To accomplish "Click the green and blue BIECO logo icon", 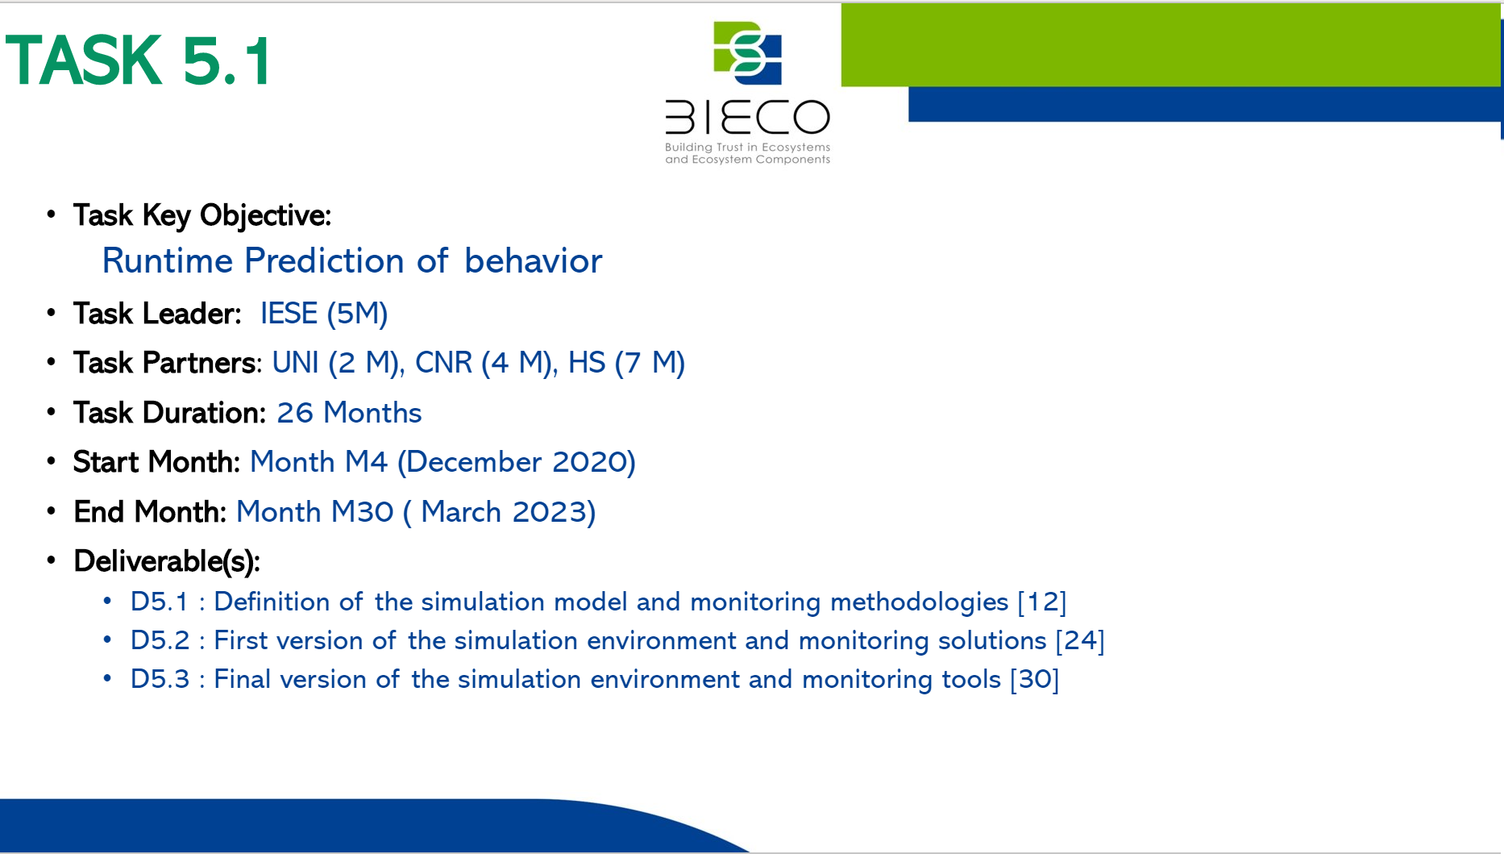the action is click(748, 53).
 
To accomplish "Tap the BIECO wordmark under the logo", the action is click(747, 118).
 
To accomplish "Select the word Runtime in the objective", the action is click(168, 261).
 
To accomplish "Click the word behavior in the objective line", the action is click(533, 261).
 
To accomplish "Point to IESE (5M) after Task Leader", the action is click(324, 314).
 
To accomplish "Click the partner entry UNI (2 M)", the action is click(336, 363).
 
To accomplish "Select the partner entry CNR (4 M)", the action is click(484, 363).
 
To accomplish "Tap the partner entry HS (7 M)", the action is click(627, 363).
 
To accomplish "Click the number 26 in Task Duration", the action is click(295, 413).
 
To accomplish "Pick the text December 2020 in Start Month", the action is click(517, 462).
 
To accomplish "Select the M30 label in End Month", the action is click(363, 512).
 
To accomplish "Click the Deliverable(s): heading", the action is click(167, 561).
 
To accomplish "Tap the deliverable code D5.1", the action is click(159, 602).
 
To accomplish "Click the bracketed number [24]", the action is click(1080, 640).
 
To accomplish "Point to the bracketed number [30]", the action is click(1035, 679).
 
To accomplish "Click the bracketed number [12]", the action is click(1042, 602).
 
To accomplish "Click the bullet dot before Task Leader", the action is click(52, 312).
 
